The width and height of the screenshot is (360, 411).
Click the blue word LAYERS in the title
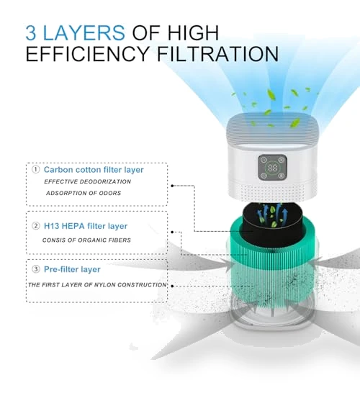coord(84,32)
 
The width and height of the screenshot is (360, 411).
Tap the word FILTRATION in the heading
coord(217,54)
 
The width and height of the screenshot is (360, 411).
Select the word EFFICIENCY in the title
coord(88,54)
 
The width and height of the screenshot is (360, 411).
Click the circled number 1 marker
coord(36,170)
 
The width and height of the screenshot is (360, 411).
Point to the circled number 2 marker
coord(36,226)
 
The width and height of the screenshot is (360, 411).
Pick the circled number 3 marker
coord(36,269)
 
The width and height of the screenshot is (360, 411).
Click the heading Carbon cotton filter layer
coord(94,170)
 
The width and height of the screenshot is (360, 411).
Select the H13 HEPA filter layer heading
coord(86,226)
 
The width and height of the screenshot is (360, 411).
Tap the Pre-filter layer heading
coord(72,269)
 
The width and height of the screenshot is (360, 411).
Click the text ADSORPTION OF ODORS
coord(84,193)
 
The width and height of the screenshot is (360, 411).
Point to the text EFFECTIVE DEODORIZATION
coord(88,181)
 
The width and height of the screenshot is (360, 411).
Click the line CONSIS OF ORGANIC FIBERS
coord(86,240)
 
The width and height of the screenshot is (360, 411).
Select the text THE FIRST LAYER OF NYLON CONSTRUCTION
coord(97,284)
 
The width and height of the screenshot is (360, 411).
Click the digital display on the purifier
coord(272,168)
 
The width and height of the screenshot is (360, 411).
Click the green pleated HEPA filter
coord(273,267)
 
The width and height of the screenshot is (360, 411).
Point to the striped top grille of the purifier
coord(273,128)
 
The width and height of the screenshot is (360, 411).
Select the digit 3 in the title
coord(31,33)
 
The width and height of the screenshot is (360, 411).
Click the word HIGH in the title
coord(193,32)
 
